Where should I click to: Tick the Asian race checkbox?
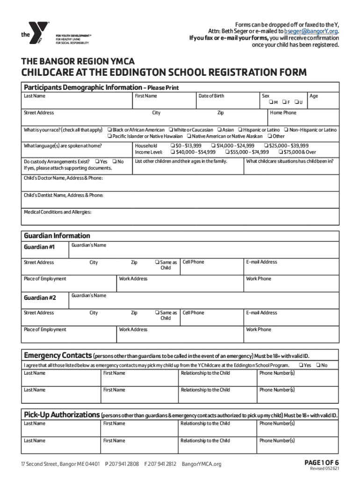coord(219,130)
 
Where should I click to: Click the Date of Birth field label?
coord(211,96)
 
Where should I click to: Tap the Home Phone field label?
coord(283,113)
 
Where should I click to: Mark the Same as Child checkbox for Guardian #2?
coord(157,313)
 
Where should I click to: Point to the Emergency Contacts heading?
coord(58,355)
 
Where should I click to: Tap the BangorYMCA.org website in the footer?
coord(201,464)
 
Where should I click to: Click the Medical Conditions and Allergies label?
coord(58,212)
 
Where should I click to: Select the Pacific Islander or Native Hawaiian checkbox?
coord(110,136)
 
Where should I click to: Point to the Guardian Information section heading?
coord(57,235)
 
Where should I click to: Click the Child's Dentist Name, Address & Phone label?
coord(64,195)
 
